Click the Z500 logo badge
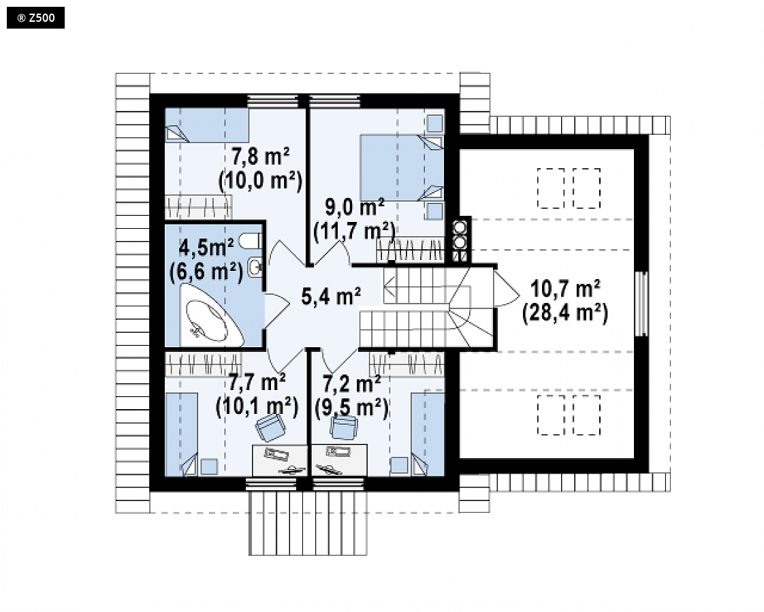point(35,18)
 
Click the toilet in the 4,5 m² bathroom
point(253,241)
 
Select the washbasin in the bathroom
point(256,267)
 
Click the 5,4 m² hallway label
point(331,296)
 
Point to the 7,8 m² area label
point(260,157)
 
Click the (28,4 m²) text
point(565,313)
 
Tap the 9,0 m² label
point(354,208)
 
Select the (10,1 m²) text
point(257,406)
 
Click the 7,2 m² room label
point(352,384)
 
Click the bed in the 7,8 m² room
point(207,125)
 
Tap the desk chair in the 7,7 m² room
point(270,428)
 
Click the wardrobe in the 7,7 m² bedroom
point(203,364)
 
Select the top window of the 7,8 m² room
point(272,101)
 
